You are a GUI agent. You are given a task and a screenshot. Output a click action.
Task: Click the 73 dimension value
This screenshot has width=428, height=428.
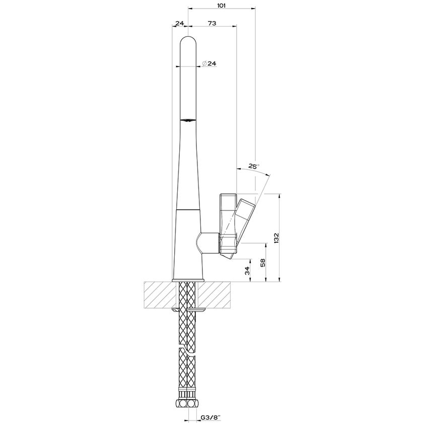coord(212,23)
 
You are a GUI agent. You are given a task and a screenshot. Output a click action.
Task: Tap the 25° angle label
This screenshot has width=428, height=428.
coord(254,166)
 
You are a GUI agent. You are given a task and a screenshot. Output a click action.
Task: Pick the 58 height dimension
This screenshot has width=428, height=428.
coord(262,262)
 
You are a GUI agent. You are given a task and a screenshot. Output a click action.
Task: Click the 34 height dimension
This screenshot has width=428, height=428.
coord(247,270)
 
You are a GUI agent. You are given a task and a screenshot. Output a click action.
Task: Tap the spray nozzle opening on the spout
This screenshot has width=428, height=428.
coord(187,120)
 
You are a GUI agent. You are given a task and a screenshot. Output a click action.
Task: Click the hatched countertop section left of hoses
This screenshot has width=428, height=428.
coord(160,295)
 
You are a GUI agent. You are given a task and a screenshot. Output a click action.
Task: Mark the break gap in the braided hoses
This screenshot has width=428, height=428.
coord(187,347)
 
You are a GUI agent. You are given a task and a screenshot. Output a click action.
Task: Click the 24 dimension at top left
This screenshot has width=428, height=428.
coord(179,23)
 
